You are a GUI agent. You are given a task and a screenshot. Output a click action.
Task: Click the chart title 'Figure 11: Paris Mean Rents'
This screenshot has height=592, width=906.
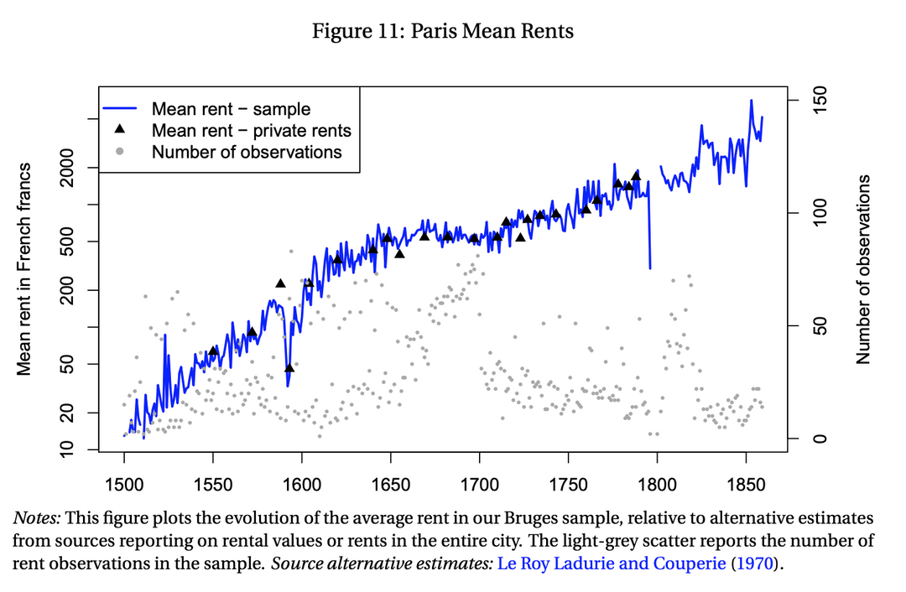point(442,32)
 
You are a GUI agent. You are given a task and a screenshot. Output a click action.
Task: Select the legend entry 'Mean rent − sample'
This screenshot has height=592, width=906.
point(231,109)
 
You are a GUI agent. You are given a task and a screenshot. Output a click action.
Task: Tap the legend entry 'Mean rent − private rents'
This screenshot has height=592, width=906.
point(251,131)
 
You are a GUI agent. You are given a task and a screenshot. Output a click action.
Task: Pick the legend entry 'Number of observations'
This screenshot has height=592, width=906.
point(247,152)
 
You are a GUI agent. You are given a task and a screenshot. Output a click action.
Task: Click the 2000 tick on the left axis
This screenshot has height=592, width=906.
point(70,168)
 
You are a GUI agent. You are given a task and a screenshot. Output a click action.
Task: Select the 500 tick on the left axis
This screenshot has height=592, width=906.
point(70,241)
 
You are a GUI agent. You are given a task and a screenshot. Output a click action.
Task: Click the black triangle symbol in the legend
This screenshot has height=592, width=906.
point(120,130)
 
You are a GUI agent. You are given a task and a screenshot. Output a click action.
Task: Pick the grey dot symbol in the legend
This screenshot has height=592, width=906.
point(120,152)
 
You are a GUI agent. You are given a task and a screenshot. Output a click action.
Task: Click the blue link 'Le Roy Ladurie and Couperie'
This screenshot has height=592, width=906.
point(612,563)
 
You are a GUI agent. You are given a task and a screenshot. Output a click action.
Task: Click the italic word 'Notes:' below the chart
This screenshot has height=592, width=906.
point(36,518)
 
